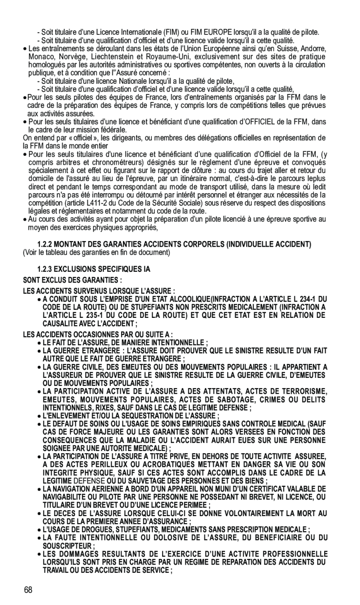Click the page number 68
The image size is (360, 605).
29,590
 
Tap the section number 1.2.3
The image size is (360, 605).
45,269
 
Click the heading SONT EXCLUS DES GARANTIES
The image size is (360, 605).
73,280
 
